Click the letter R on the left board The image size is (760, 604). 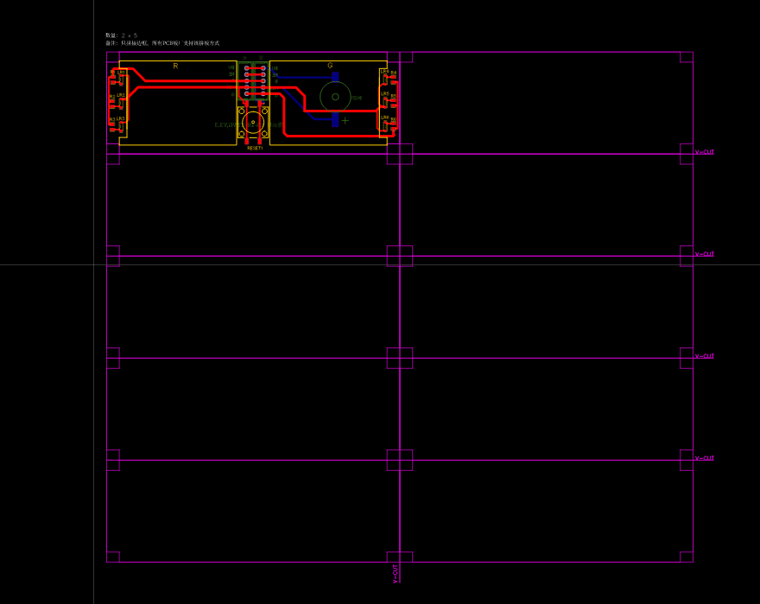click(175, 66)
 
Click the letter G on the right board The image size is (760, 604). click(330, 66)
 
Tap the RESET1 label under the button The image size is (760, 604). click(255, 148)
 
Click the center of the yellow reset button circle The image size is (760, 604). click(253, 122)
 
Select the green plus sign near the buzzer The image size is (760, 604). click(345, 120)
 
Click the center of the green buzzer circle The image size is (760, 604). click(335, 97)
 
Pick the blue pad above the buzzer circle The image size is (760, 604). click(335, 76)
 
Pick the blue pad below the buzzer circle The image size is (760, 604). click(335, 121)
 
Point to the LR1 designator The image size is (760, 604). click(121, 73)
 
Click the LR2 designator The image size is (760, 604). click(121, 95)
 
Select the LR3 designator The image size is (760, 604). click(121, 118)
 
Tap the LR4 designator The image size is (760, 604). click(384, 71)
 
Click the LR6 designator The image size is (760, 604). click(384, 117)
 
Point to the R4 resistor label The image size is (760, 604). click(394, 73)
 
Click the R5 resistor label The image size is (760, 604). click(394, 96)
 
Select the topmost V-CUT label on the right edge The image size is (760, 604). click(705, 152)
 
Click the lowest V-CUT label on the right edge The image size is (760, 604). click(705, 458)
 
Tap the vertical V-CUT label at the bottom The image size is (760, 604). click(396, 574)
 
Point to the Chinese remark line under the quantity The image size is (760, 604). click(162, 43)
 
